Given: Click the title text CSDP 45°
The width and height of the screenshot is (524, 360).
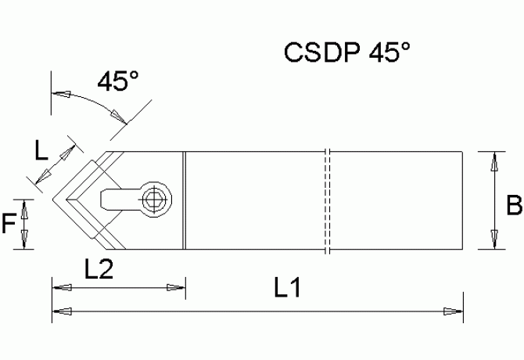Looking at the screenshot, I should pyautogui.click(x=346, y=54).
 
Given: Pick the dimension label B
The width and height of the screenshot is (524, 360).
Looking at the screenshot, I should pyautogui.click(x=514, y=207).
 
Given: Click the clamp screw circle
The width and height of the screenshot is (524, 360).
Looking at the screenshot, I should pyautogui.click(x=154, y=200).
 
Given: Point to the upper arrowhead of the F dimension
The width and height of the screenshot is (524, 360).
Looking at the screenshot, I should pyautogui.click(x=25, y=207).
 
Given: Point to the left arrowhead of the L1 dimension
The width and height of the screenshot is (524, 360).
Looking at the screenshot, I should pyautogui.click(x=60, y=311).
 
